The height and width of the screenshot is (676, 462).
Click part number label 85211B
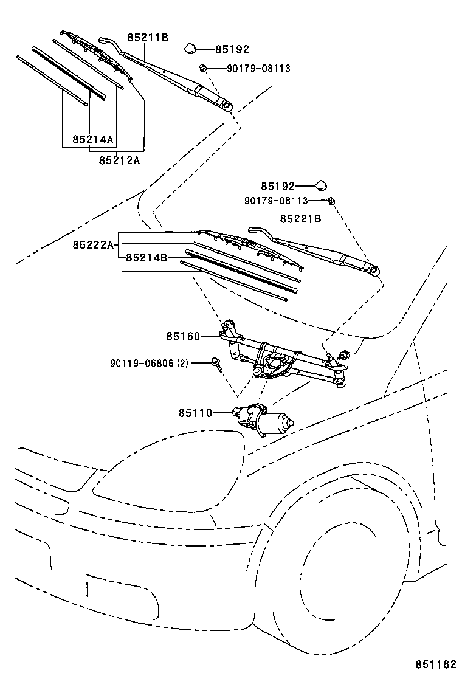coord(147,38)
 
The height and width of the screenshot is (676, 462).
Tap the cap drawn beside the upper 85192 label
coord(190,48)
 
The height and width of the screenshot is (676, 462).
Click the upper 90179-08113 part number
coord(258,69)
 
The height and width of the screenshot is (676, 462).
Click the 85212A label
coord(119,160)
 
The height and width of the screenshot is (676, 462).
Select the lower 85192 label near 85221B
coord(278,187)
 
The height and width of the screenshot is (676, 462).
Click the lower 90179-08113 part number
coord(277,201)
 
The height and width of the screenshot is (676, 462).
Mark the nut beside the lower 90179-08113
coord(332,201)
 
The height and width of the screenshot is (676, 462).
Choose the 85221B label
coord(300,218)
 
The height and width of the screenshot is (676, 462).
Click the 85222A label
coord(93,244)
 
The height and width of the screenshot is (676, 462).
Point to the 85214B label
coord(146,258)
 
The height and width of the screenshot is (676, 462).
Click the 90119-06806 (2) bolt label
coord(150,364)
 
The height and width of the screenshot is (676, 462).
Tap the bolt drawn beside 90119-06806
coord(216,364)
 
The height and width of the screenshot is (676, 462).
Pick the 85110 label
coord(195,413)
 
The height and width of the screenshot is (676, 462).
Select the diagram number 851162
coord(436,664)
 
